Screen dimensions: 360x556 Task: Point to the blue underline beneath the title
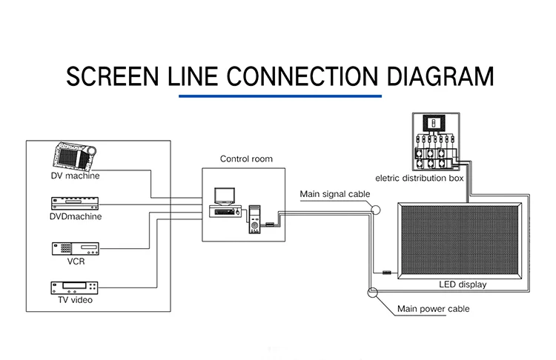(x=279, y=96)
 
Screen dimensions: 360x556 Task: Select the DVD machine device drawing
(x=74, y=204)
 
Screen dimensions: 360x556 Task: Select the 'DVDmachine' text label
(x=75, y=217)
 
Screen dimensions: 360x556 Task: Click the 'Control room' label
(x=246, y=159)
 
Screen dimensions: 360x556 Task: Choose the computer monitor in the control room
(x=224, y=196)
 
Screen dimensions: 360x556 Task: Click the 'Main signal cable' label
(x=334, y=194)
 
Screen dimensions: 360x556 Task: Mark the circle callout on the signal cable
(x=377, y=210)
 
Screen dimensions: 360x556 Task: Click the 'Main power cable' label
(x=433, y=308)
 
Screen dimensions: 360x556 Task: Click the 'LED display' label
(x=457, y=284)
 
